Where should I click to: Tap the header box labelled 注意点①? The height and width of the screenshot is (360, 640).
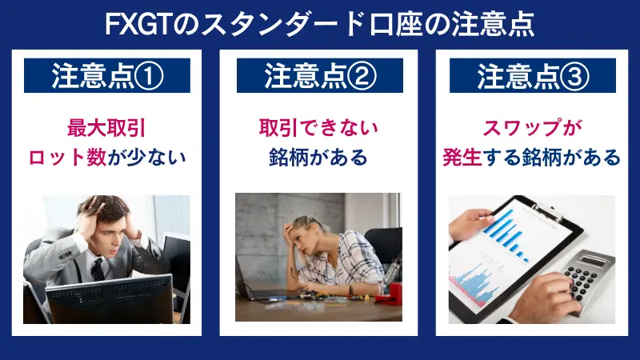click(x=107, y=75)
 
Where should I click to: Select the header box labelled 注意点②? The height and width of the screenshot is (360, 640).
click(x=320, y=75)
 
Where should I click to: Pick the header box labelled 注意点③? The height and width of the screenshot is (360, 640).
click(x=533, y=75)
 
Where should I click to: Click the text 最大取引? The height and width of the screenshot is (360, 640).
click(x=107, y=127)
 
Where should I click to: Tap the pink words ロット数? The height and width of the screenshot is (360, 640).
click(x=66, y=157)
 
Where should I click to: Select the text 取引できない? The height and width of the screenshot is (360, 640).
click(x=320, y=127)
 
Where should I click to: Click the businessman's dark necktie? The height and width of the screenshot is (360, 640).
click(x=97, y=268)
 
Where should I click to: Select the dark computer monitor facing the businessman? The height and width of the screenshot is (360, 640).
click(x=109, y=300)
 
